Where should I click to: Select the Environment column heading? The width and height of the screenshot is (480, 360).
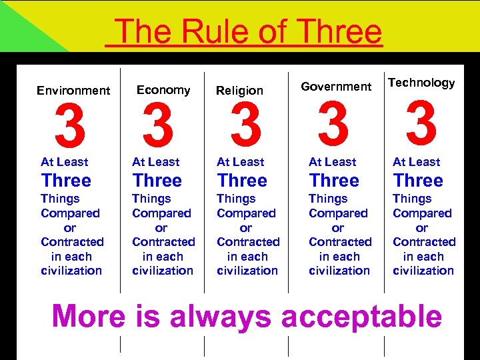pos(73,91)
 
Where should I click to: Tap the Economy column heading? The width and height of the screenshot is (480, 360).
pos(163,90)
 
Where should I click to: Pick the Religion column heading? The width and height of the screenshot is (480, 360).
pos(240,91)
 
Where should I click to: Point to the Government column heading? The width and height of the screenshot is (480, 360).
pos(336,86)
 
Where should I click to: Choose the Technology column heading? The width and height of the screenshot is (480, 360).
pos(421,83)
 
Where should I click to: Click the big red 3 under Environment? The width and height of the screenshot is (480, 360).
pos(70,127)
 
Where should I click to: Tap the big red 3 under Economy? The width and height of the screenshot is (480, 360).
pos(159,127)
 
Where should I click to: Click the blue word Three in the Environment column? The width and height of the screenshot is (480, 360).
pos(66,181)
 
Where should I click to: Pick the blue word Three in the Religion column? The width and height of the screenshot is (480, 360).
pos(242,181)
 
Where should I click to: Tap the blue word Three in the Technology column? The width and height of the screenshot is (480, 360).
pos(418,181)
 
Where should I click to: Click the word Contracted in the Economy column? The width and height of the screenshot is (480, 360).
pos(163,242)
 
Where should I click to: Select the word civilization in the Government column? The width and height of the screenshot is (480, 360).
pos(339,271)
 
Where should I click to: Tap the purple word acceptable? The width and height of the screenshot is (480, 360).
pos(361,317)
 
